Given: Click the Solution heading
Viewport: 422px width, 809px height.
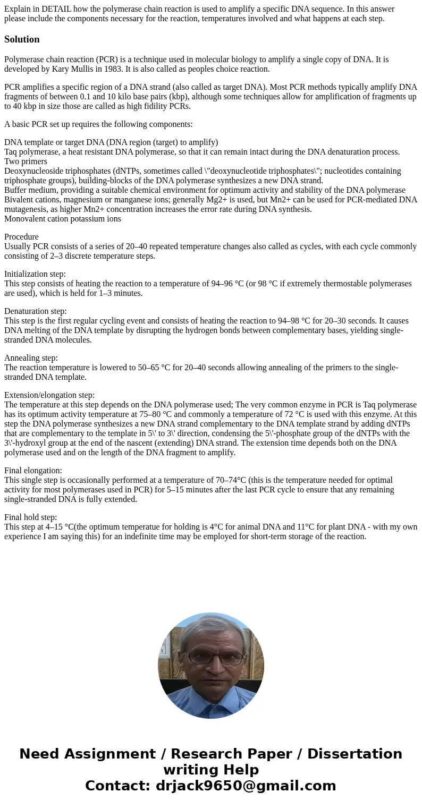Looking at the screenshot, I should (x=22, y=39).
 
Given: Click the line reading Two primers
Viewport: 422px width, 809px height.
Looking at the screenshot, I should (x=26, y=161).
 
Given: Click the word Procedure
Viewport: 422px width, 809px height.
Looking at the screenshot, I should (x=21, y=237).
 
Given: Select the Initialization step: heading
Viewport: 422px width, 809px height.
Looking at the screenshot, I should (x=35, y=274).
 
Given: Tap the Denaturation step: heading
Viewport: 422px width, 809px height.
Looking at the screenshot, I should (x=36, y=311).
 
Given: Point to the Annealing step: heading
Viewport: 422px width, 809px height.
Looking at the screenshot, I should (x=31, y=358).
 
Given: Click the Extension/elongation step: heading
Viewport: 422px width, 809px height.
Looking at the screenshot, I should (x=49, y=395).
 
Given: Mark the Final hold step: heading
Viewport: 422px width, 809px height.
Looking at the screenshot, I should (x=30, y=517).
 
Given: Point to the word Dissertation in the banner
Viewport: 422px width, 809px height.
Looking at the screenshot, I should (x=355, y=754).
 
